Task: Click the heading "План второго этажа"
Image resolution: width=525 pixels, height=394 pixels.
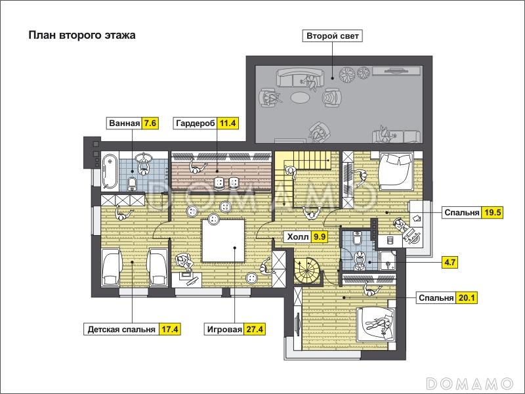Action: pyautogui.click(x=82, y=35)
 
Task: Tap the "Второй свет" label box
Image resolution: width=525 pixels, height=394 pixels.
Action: pyautogui.click(x=333, y=36)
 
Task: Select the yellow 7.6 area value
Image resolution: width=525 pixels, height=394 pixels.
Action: pyautogui.click(x=150, y=123)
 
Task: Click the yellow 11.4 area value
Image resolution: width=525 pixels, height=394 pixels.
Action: pyautogui.click(x=228, y=123)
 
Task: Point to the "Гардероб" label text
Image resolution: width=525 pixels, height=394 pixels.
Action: pyautogui.click(x=196, y=123)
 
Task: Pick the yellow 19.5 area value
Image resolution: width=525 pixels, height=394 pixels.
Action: pyautogui.click(x=492, y=212)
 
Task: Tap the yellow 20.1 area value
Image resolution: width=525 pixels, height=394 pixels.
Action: pyautogui.click(x=467, y=298)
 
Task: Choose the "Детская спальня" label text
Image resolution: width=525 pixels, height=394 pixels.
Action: pyautogui.click(x=121, y=330)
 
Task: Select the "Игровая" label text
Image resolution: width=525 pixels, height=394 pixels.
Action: pyautogui.click(x=224, y=330)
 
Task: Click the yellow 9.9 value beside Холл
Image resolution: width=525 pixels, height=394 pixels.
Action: pyautogui.click(x=319, y=237)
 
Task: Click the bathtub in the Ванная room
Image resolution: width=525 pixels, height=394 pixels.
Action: pyautogui.click(x=110, y=171)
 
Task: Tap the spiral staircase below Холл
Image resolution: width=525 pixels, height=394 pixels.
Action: pyautogui.click(x=307, y=270)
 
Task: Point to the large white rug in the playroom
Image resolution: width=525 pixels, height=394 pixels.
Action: pyautogui.click(x=223, y=240)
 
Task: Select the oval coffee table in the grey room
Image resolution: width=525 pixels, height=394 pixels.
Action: pyautogui.click(x=301, y=98)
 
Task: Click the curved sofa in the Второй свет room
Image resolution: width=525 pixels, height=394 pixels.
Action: pyautogui.click(x=300, y=77)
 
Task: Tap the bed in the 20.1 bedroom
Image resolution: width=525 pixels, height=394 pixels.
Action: pyautogui.click(x=375, y=324)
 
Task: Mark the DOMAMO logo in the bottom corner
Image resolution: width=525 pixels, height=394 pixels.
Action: pyautogui.click(x=469, y=383)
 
